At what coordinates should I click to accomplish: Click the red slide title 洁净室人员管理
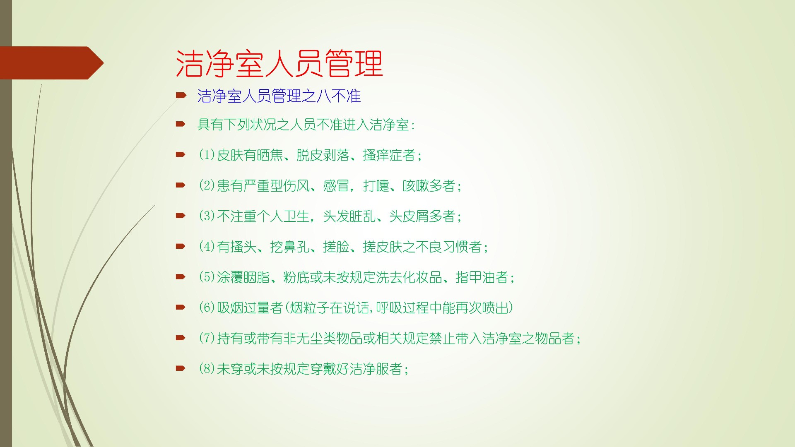point(279,64)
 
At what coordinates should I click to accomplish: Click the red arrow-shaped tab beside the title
point(52,63)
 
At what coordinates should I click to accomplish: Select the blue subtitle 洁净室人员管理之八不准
point(279,96)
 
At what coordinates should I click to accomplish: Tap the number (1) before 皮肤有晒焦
point(207,155)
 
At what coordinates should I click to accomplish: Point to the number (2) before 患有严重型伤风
point(207,185)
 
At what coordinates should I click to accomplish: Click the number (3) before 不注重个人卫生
point(207,216)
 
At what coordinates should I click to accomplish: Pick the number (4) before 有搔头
point(207,247)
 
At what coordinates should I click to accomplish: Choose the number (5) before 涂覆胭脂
point(207,277)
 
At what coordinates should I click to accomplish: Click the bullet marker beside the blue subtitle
point(181,96)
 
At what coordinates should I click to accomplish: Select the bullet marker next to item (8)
point(181,368)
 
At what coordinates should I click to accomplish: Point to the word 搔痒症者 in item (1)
point(389,155)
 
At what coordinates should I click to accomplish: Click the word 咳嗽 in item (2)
point(416,185)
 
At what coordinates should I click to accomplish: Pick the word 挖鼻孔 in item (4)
point(290,247)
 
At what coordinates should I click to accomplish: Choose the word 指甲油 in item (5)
point(475,277)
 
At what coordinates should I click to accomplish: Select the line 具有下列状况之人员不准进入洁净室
point(304,125)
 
